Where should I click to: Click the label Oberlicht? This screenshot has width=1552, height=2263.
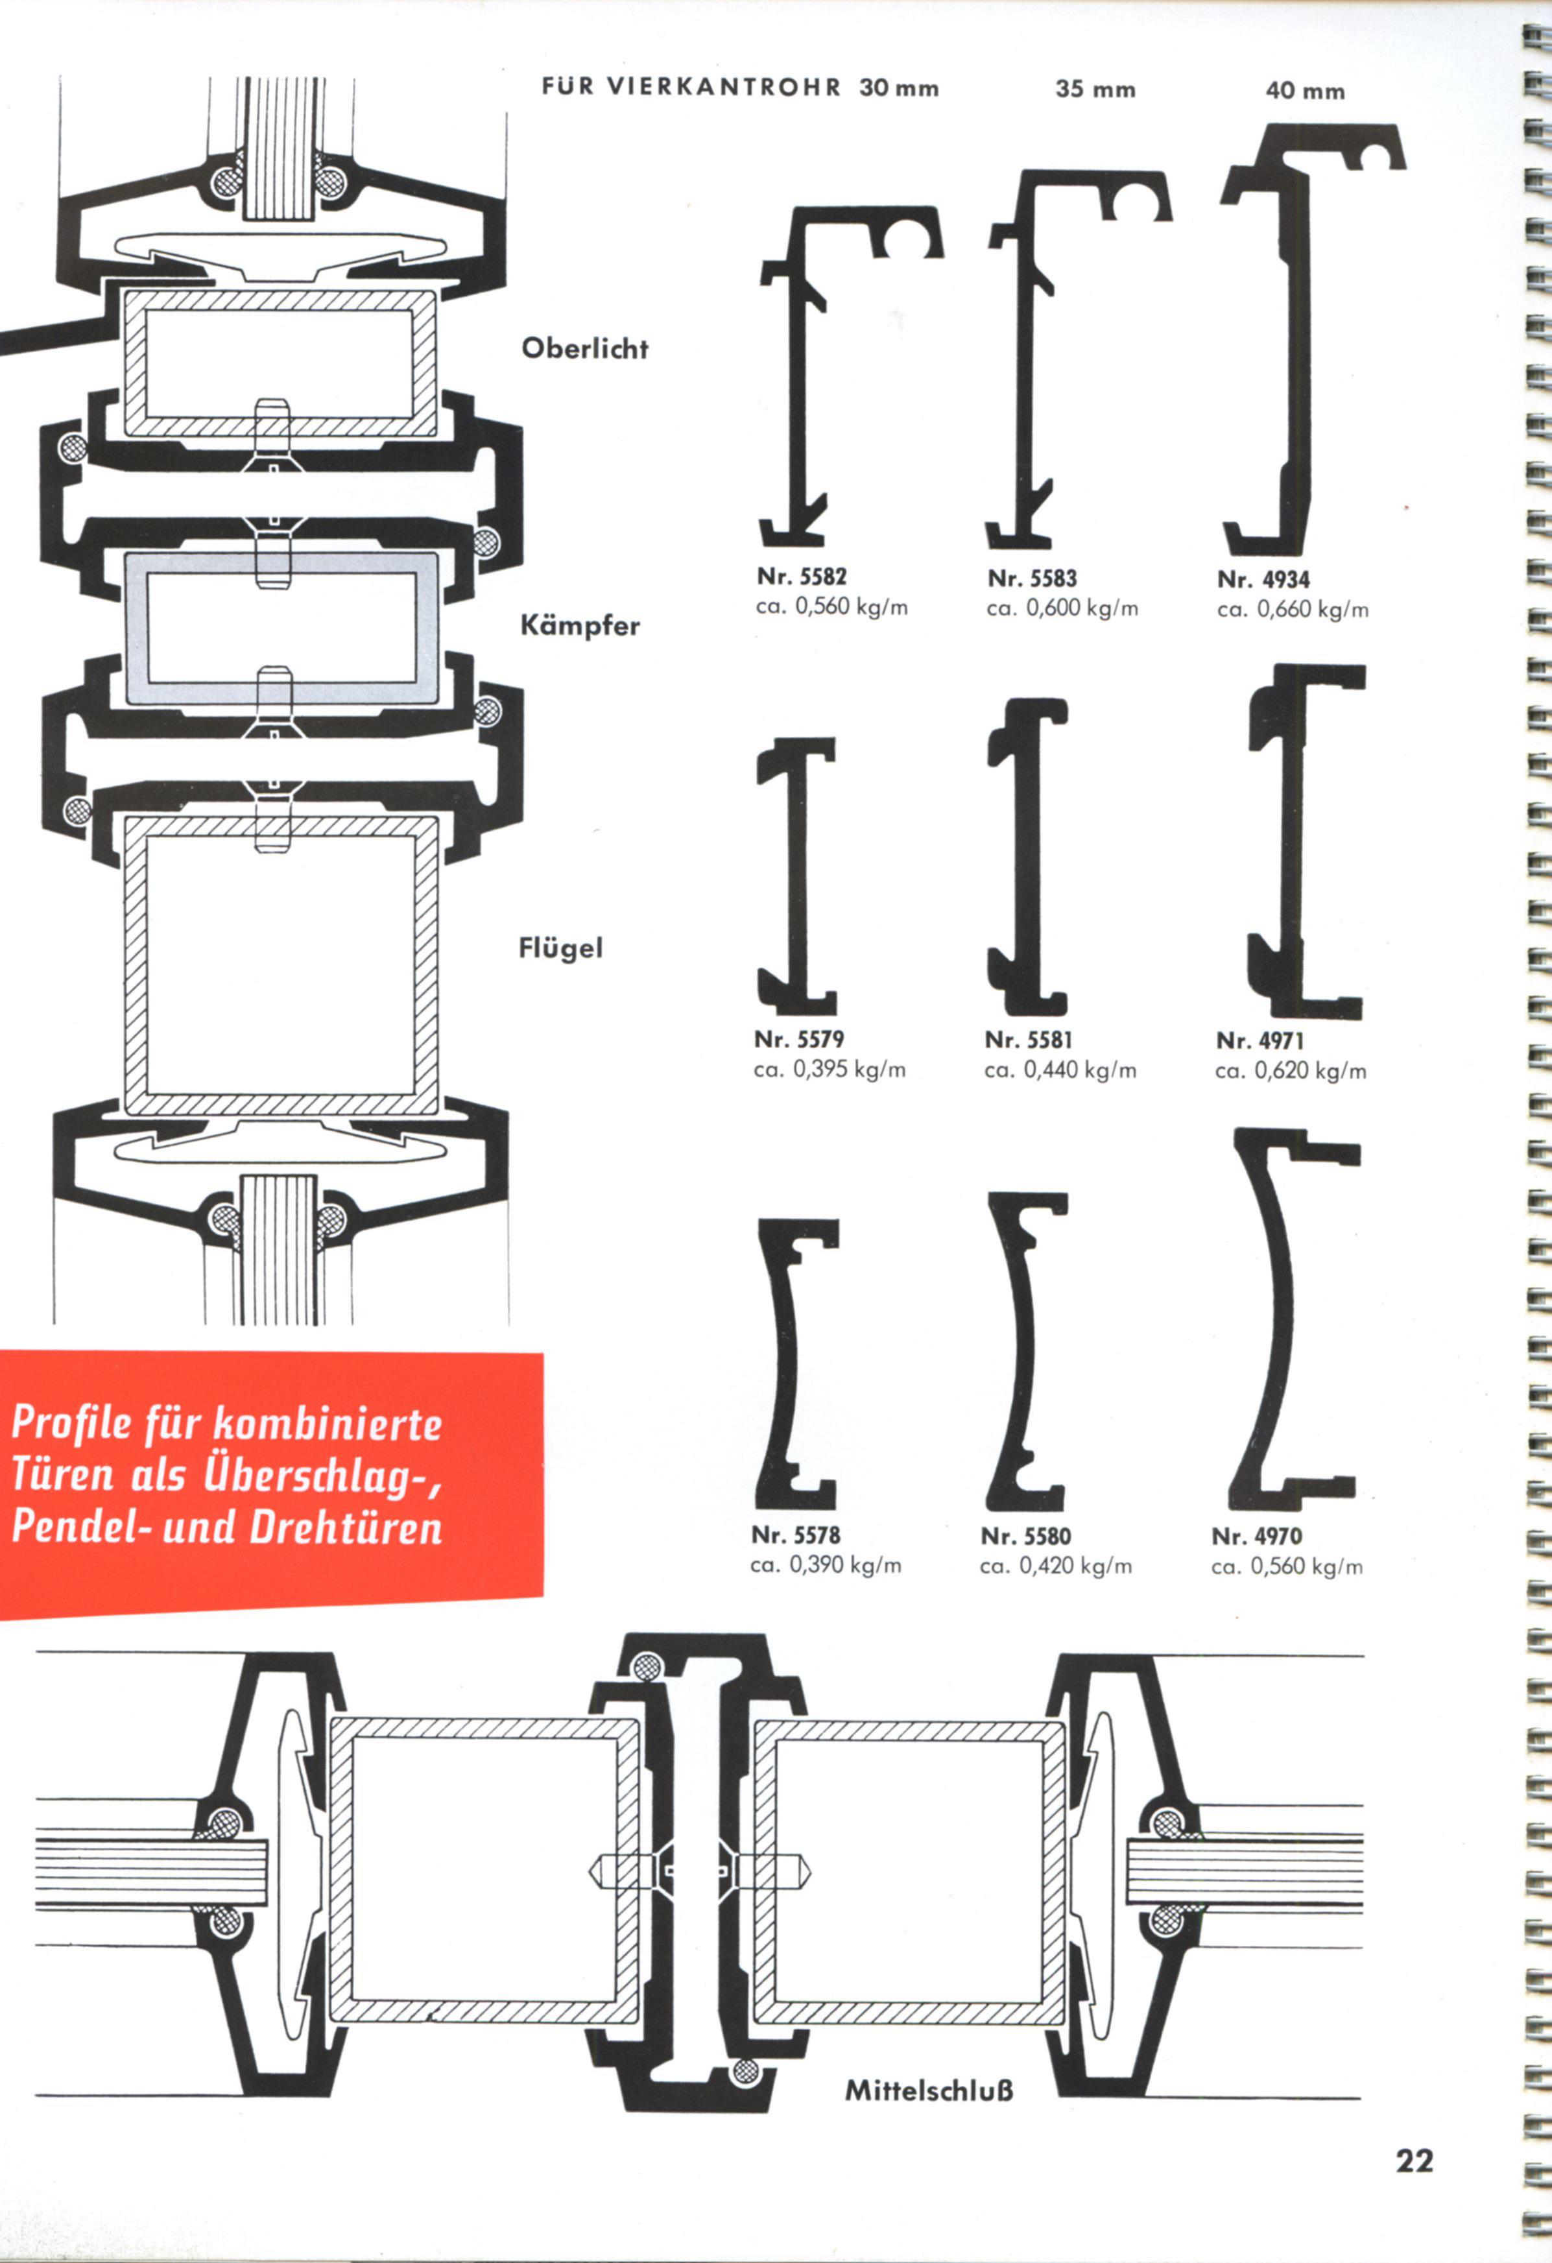584,348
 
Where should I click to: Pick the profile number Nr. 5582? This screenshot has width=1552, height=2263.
802,577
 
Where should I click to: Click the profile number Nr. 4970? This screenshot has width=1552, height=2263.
1257,1537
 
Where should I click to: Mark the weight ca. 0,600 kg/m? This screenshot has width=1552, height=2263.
1062,608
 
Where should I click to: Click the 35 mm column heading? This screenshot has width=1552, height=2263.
1095,90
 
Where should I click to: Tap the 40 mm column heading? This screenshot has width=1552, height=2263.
1305,91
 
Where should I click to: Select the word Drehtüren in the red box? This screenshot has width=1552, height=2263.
346,1527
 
